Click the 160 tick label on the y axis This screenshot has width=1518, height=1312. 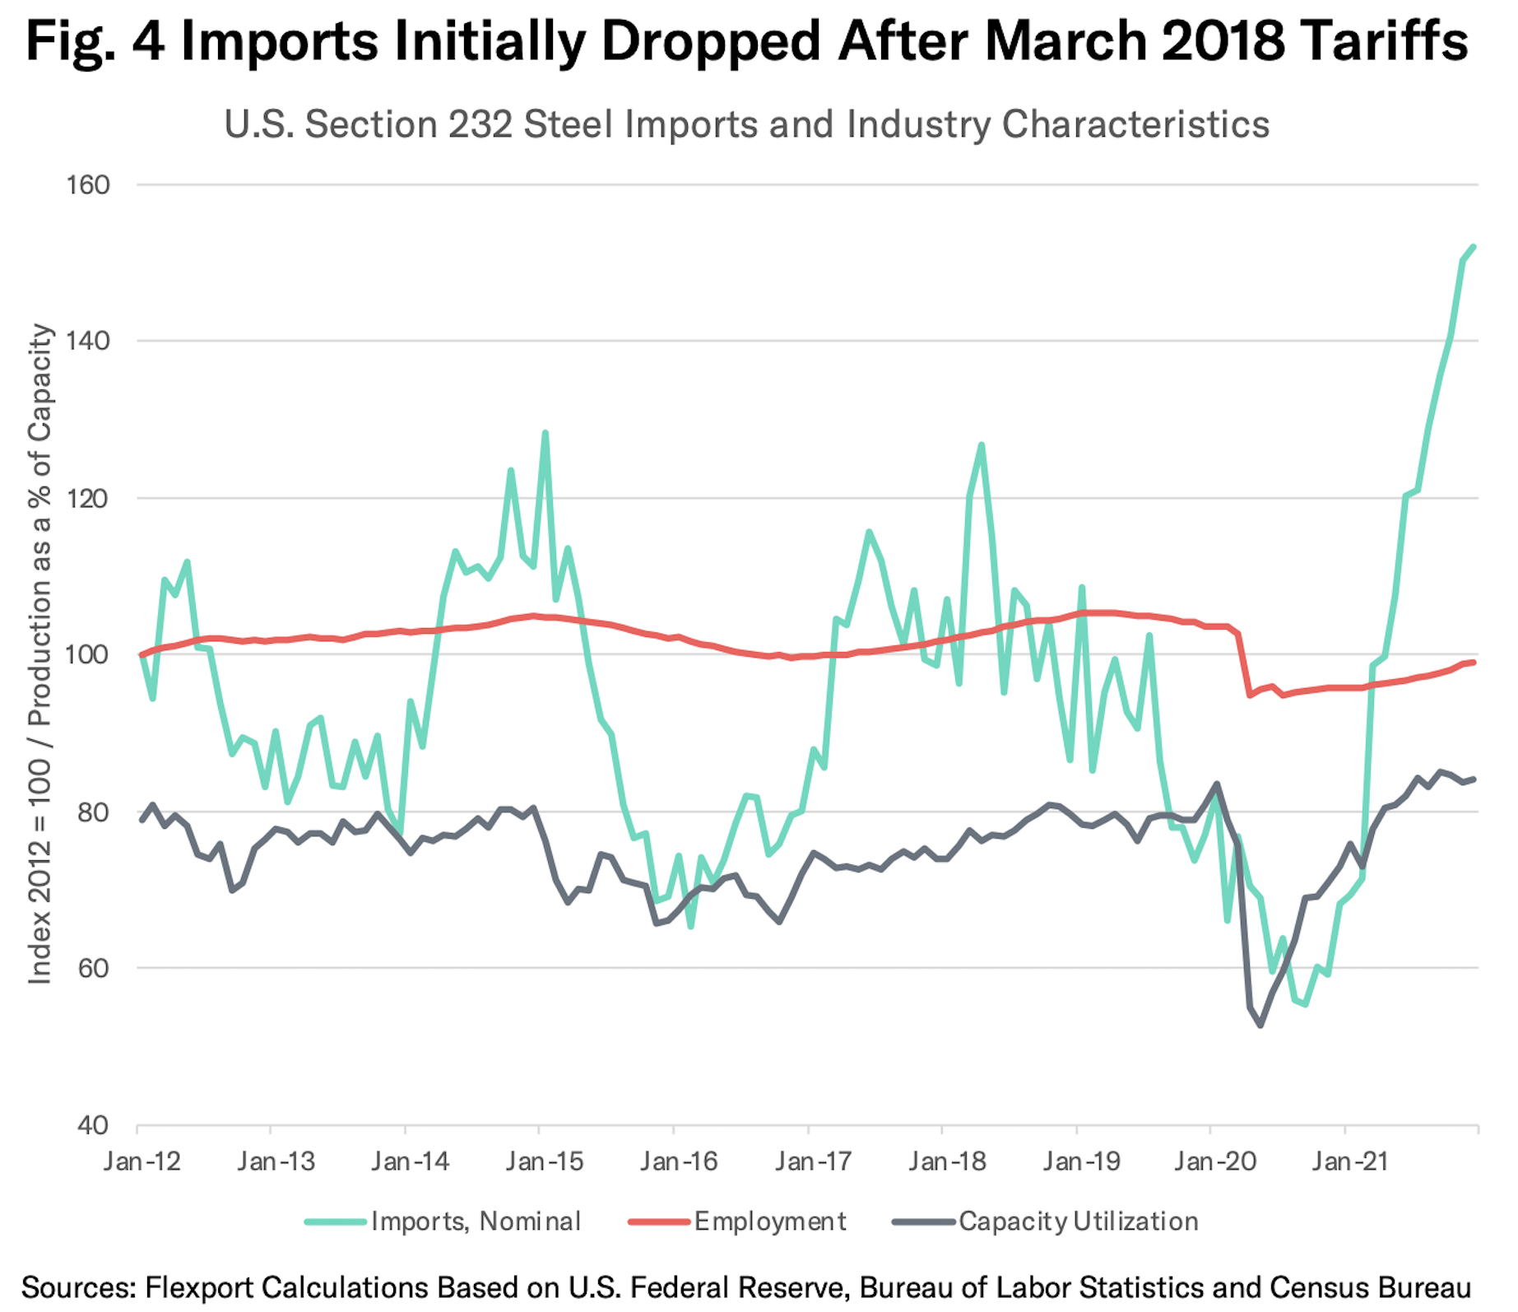pos(87,184)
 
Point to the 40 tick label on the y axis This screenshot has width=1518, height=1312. pos(92,1124)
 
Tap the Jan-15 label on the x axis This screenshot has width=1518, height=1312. pos(544,1161)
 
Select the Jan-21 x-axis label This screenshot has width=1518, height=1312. pos(1350,1161)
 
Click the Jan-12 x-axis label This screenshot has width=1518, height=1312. pos(142,1161)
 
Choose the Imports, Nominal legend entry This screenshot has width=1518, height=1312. pos(476,1221)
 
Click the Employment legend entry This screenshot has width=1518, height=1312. pos(769,1221)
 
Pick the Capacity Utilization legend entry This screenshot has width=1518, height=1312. pos(1078,1221)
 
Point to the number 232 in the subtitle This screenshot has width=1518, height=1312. pos(480,125)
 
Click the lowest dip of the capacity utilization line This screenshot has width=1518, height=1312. pos(1260,1025)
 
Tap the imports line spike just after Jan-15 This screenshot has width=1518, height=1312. pos(545,433)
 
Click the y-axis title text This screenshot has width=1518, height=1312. pos(40,654)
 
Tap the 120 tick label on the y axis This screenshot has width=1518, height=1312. pos(87,498)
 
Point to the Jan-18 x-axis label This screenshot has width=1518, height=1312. pos(947,1161)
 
